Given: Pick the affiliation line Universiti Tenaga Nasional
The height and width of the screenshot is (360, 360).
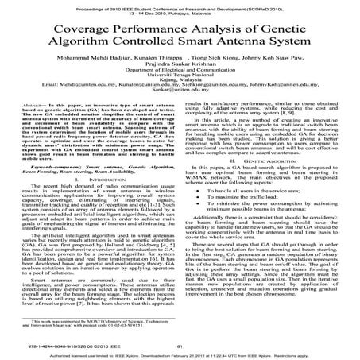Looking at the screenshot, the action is pos(180,86).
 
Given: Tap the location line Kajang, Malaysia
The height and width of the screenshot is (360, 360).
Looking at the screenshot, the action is pos(180,92).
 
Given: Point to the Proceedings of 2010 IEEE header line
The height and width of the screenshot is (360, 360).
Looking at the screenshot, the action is pos(180,5).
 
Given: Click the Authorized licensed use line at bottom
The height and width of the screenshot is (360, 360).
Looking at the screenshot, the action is pos(180,354).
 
